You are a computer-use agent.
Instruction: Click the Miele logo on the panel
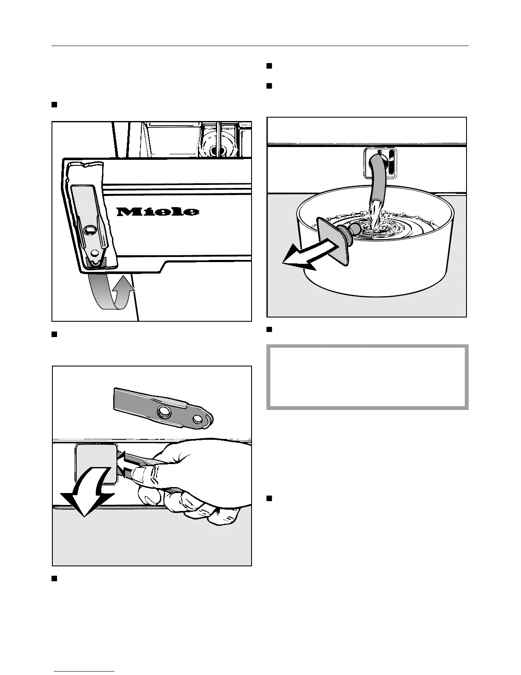coord(157,211)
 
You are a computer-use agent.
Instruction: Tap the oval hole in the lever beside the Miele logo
coord(90,230)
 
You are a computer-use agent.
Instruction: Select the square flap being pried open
coord(95,462)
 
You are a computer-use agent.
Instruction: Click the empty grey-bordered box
coord(367,377)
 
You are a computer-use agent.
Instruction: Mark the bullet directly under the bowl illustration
coord(269,330)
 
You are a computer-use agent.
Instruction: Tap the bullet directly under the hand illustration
coord(54,578)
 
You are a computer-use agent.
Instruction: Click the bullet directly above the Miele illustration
coord(54,104)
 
